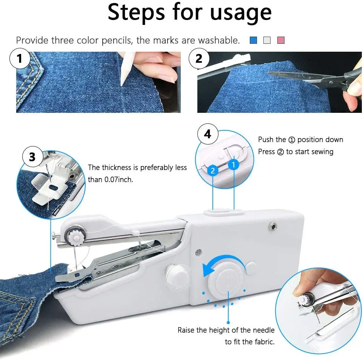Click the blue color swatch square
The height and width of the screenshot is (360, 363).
click(x=254, y=40)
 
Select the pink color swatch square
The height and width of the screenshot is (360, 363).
click(x=281, y=40)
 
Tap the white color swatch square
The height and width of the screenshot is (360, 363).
click(x=267, y=40)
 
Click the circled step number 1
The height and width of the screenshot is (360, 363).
click(x=20, y=58)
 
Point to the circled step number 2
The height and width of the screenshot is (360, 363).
click(x=199, y=58)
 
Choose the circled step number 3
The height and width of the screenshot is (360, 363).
click(x=33, y=157)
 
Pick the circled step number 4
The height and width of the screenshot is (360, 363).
click(x=208, y=134)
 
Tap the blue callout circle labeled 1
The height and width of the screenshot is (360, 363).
click(x=234, y=165)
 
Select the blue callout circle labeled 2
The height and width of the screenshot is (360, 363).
click(x=213, y=171)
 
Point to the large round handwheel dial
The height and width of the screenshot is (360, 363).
click(x=226, y=282)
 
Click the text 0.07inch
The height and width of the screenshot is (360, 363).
click(x=119, y=179)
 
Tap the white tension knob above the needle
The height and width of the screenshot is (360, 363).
click(x=75, y=237)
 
